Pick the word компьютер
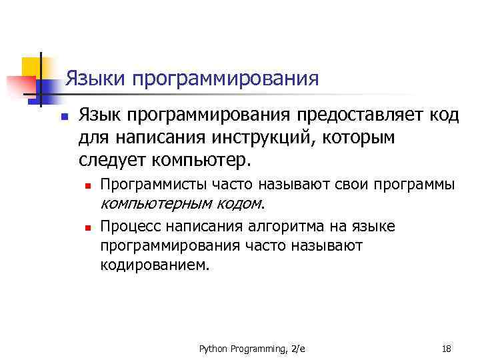(201, 161)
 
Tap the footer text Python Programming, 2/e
(252, 349)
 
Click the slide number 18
(447, 349)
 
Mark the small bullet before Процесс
(87, 228)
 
